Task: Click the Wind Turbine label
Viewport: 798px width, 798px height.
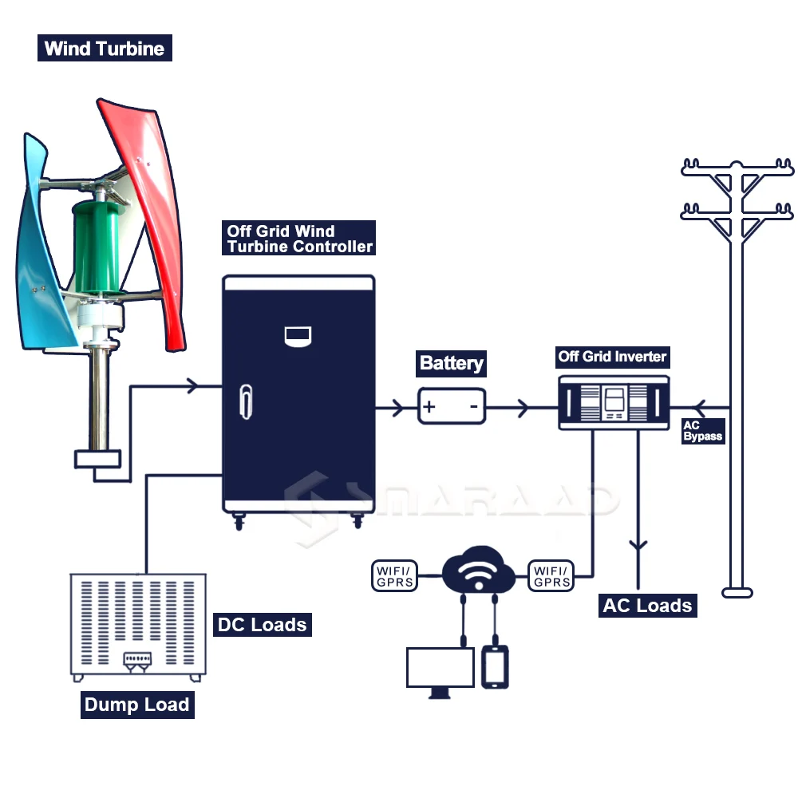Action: point(105,48)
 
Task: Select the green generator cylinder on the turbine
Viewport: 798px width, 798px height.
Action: point(97,247)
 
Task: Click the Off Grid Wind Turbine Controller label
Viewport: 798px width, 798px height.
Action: point(298,238)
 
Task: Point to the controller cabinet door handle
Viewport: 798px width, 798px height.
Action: point(247,401)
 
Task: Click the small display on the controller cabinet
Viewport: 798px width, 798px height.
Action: point(298,336)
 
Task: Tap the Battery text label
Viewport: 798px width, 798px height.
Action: point(451,363)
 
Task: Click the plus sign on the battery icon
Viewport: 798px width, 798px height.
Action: point(429,406)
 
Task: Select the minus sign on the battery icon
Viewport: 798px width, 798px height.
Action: point(474,406)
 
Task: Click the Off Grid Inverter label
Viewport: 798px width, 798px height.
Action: point(612,357)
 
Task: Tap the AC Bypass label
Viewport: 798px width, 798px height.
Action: point(703,431)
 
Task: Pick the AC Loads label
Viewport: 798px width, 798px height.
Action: point(647,606)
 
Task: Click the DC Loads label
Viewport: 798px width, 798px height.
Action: point(262,625)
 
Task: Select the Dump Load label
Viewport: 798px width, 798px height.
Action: point(137,705)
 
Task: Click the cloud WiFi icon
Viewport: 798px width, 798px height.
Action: point(478,570)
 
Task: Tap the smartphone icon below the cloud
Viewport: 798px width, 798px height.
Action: point(495,666)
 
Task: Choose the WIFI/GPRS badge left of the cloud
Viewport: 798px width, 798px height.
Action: point(395,576)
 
